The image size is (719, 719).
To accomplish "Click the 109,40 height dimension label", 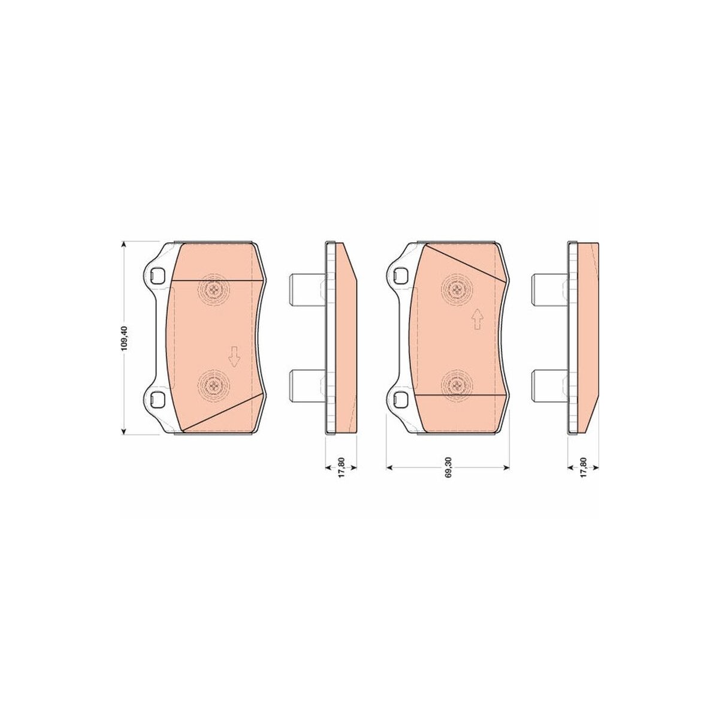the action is tap(125, 338).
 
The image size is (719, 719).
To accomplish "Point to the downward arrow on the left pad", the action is tap(234, 357).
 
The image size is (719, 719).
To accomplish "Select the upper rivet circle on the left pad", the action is tap(213, 288).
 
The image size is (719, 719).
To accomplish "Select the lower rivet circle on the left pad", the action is tap(213, 385).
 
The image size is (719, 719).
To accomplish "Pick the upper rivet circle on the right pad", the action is tap(456, 288).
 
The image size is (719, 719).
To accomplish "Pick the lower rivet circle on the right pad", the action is tap(456, 385).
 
